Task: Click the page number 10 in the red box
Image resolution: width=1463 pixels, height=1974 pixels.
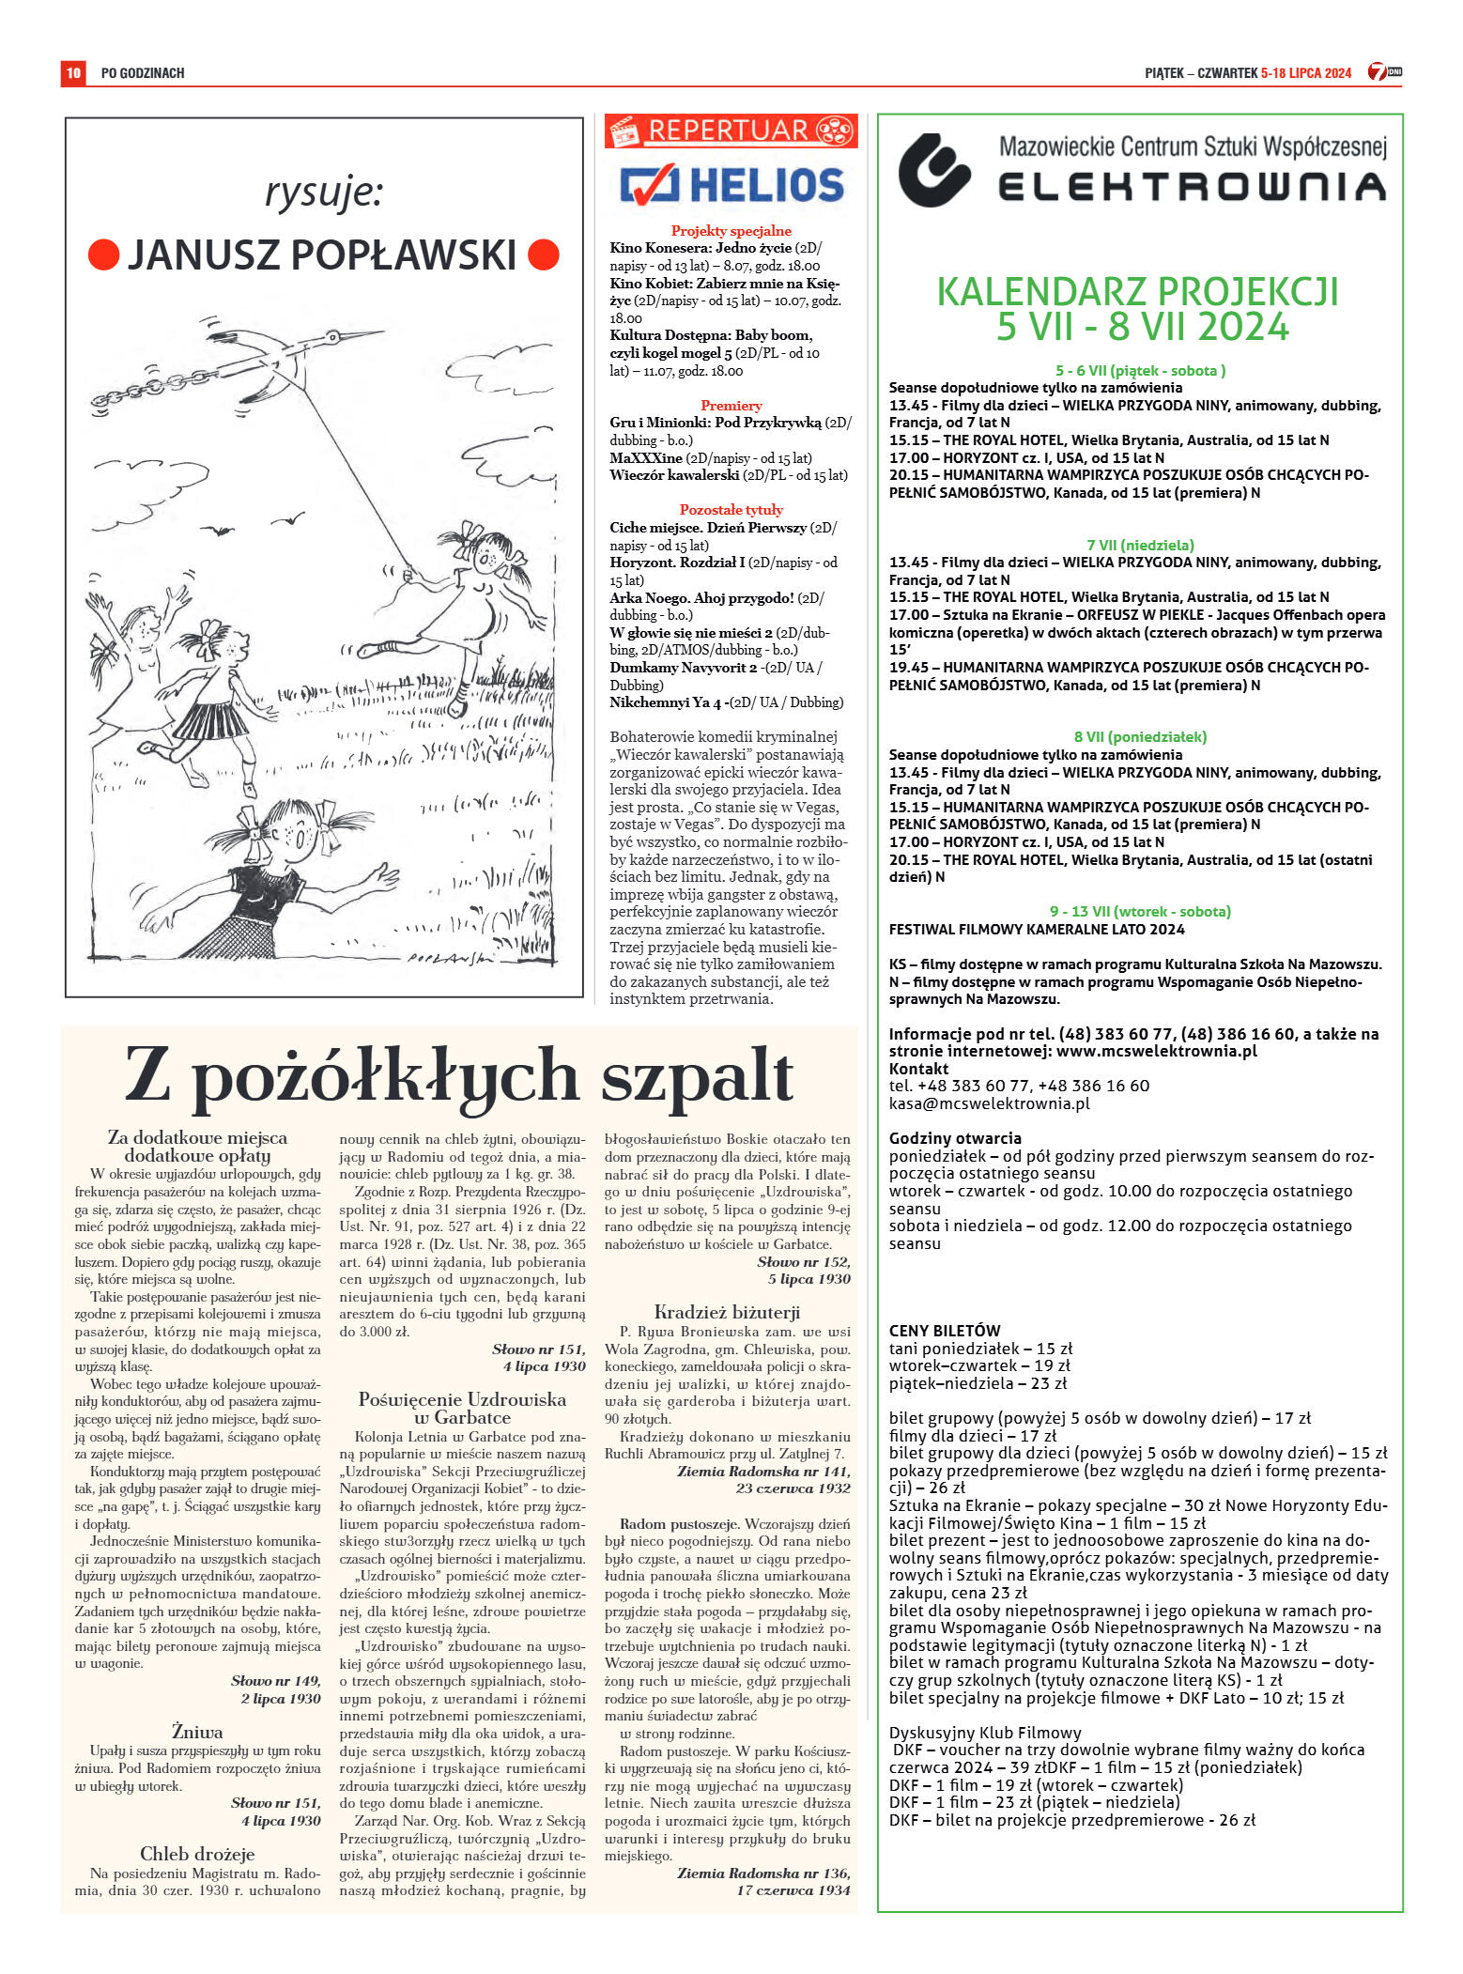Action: click(x=73, y=72)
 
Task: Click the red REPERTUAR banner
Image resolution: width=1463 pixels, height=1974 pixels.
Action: click(x=730, y=131)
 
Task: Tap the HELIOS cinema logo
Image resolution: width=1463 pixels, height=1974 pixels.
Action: click(x=731, y=184)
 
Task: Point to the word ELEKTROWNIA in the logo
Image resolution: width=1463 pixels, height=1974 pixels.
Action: click(x=1191, y=186)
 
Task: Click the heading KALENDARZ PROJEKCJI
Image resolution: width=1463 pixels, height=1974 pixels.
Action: click(x=1137, y=291)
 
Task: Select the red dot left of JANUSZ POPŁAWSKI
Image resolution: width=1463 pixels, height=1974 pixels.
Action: click(x=103, y=254)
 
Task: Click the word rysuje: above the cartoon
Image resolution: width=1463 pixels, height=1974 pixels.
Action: click(x=324, y=193)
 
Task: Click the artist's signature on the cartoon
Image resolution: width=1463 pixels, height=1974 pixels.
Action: click(x=451, y=958)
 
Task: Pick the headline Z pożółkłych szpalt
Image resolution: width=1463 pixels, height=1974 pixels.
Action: click(x=459, y=1075)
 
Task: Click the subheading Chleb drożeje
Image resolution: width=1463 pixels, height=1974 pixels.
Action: click(x=197, y=1854)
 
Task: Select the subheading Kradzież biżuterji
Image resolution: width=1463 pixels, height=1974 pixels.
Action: click(x=727, y=1312)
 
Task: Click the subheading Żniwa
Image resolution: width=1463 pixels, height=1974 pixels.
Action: click(x=197, y=1731)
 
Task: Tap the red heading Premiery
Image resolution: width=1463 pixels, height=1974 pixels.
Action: click(x=731, y=406)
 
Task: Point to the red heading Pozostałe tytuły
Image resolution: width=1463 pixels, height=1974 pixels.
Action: click(x=731, y=510)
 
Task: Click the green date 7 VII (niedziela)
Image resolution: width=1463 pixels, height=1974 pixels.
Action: click(x=1140, y=545)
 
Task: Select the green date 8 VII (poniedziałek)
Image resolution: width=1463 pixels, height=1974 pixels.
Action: click(x=1140, y=737)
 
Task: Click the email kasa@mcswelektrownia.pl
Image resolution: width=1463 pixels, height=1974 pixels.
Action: click(x=989, y=1103)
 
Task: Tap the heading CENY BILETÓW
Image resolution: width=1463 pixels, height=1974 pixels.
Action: click(x=945, y=1331)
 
